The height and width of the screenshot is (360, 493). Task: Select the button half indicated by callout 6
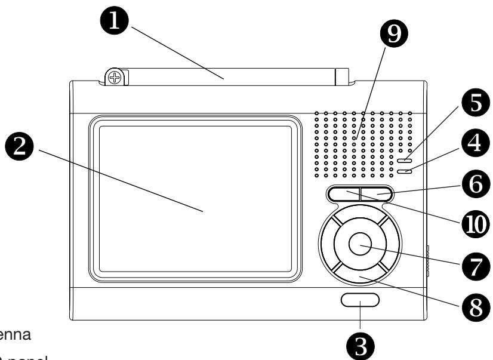[x=377, y=193]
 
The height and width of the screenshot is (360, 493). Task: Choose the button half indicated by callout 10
[x=344, y=193]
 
